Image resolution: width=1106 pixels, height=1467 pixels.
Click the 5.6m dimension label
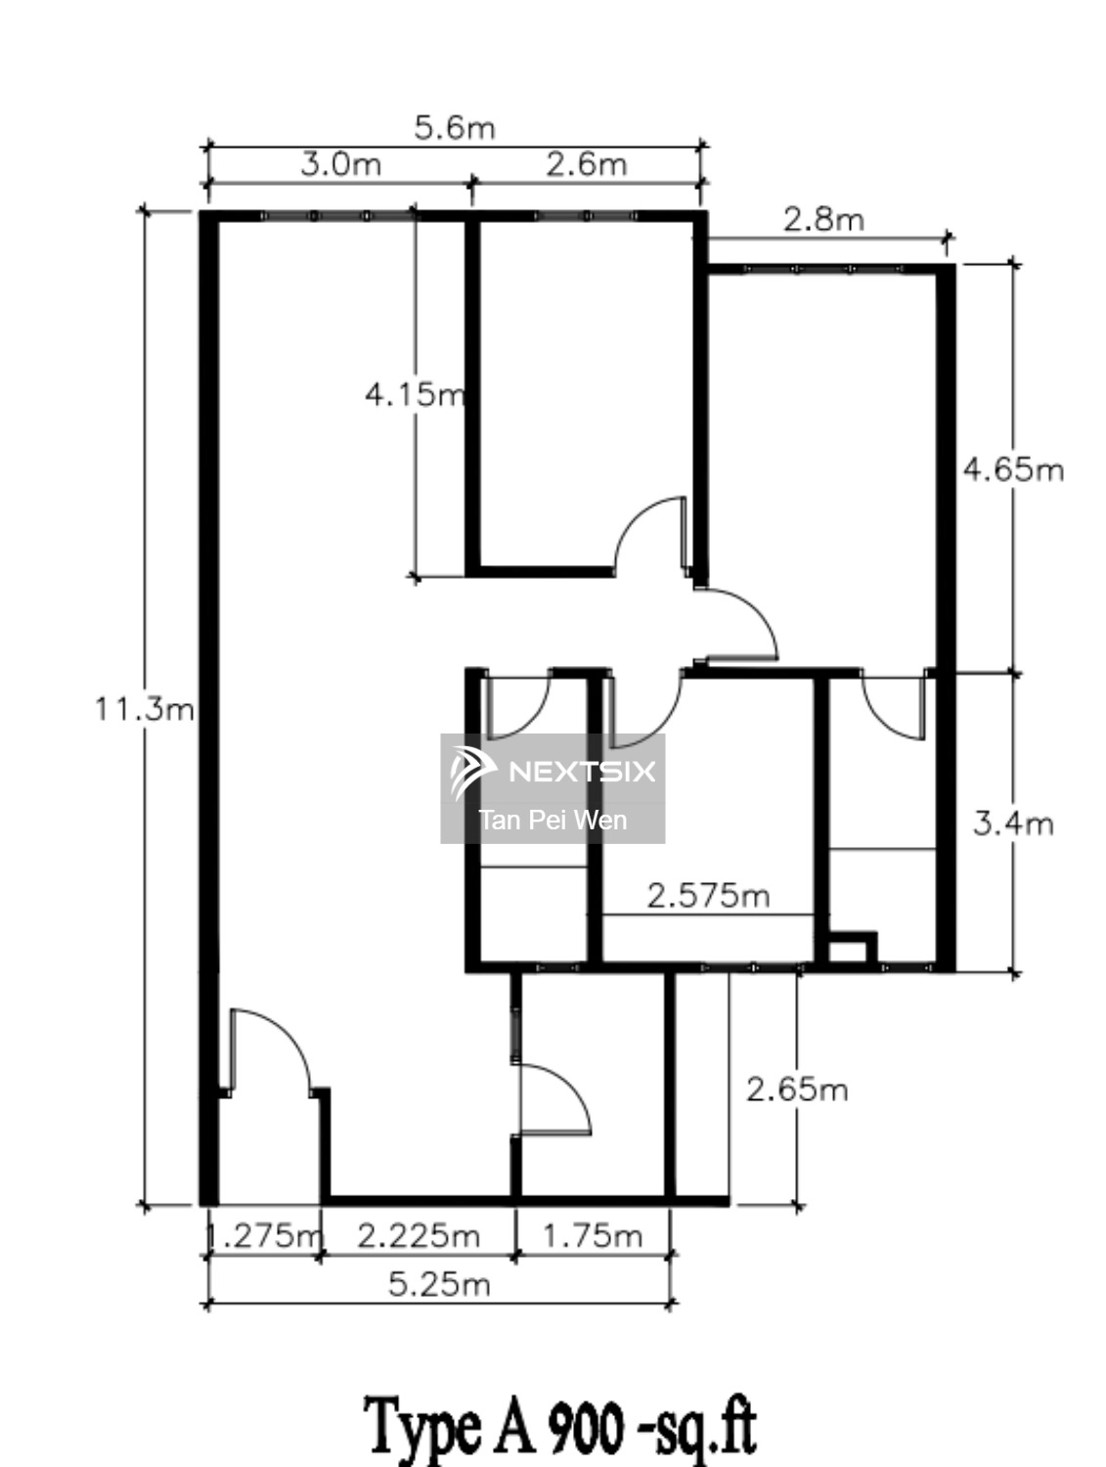455,128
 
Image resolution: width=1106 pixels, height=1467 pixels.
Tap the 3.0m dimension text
341,163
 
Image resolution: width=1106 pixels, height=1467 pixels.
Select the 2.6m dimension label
587,163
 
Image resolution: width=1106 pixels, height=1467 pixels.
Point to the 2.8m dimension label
823,219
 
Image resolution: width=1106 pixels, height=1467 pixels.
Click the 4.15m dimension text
415,394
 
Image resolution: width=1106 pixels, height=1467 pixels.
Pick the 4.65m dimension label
1013,469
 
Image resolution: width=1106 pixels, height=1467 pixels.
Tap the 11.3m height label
145,708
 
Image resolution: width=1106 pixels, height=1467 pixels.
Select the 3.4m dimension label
1013,824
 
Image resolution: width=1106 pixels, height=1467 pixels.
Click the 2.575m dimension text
708,896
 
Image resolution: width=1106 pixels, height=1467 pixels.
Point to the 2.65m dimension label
797,1090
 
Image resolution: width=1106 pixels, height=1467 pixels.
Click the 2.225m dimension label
419,1236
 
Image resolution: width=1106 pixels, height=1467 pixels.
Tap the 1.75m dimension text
593,1236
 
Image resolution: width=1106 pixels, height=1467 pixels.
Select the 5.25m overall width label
440,1284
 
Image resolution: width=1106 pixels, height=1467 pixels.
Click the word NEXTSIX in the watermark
582,772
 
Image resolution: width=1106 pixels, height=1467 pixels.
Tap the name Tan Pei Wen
553,820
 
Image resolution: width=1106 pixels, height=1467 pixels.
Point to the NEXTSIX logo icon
471,773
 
